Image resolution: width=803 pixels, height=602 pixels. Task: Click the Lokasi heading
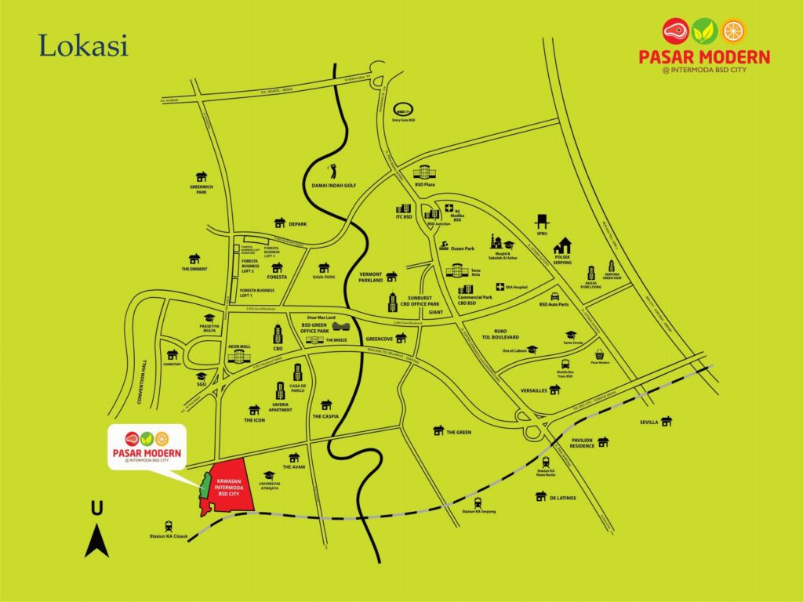83,45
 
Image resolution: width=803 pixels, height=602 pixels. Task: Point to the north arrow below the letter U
96,542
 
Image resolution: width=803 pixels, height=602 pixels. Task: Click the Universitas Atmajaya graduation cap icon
269,476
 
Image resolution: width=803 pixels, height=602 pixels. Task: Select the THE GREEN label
459,432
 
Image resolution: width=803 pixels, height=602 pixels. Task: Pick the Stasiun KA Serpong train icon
478,502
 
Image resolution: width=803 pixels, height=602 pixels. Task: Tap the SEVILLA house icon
667,422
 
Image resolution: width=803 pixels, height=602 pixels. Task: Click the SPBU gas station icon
541,222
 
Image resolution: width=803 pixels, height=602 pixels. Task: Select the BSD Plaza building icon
423,172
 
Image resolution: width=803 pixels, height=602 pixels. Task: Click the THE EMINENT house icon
194,259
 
